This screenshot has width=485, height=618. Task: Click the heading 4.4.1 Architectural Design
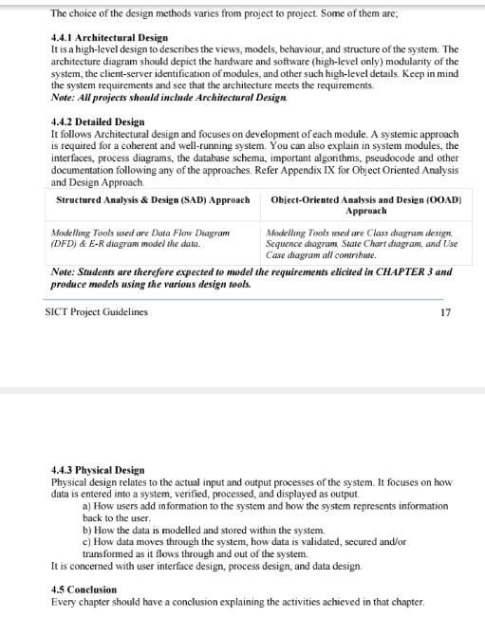[x=109, y=38]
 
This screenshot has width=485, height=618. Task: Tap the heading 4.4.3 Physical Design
[x=98, y=469]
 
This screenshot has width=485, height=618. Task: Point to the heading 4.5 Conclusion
[x=84, y=590]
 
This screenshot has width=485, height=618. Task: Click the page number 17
[x=446, y=312]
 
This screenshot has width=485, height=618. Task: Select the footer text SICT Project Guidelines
[x=97, y=312]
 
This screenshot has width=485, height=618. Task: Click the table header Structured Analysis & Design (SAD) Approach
[x=153, y=200]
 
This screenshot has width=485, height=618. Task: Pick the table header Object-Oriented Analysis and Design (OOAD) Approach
[x=365, y=205]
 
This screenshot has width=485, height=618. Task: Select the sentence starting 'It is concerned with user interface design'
[x=206, y=566]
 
